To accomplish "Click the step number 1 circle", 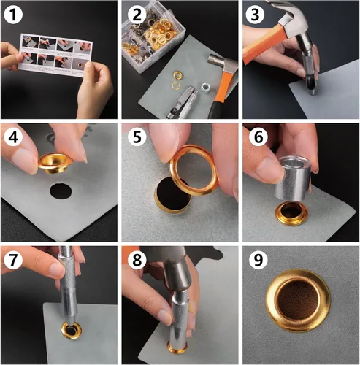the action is [13, 15].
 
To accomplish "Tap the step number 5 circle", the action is [137, 137].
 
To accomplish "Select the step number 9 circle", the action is [258, 260].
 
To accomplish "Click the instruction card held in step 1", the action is [55, 55].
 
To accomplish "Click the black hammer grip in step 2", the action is [215, 110].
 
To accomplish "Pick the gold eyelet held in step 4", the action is [54, 163].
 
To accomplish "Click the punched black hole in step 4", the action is [61, 191].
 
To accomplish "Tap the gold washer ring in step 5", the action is [193, 169].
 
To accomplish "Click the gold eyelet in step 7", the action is [72, 330].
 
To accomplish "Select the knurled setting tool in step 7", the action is [68, 287].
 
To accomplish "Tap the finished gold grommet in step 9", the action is [298, 301].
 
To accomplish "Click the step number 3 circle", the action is [255, 15].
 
